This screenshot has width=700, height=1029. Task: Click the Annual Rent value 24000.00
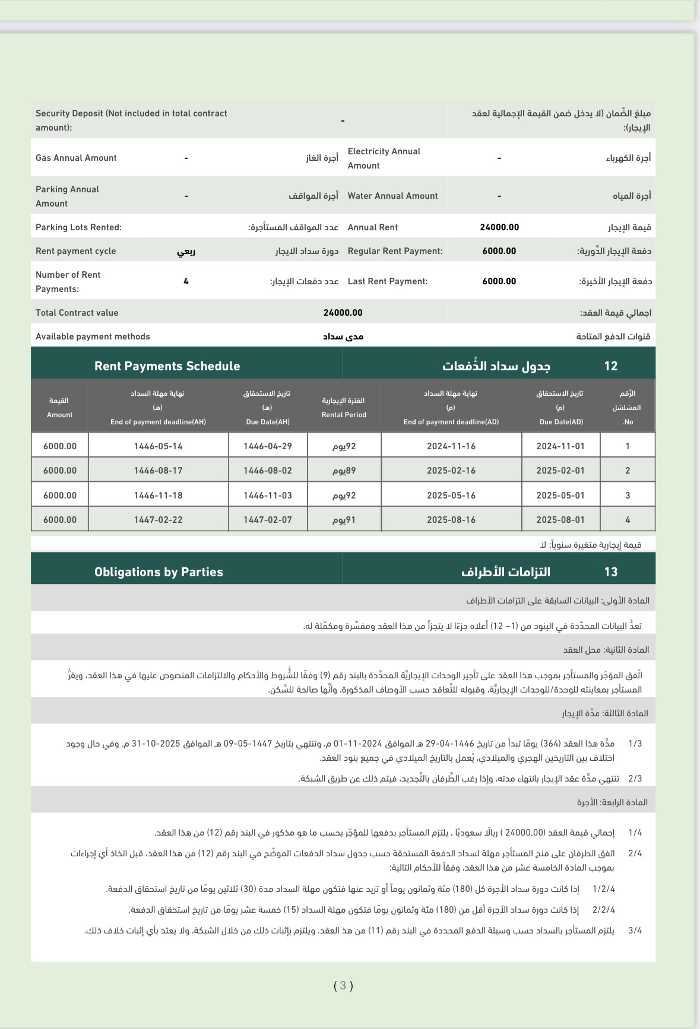click(x=499, y=227)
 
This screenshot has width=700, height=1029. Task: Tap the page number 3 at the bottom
click(x=343, y=986)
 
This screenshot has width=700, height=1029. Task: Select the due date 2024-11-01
click(x=560, y=446)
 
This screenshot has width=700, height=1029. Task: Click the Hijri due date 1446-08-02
click(x=267, y=471)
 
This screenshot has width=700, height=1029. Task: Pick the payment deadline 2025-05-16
click(x=451, y=496)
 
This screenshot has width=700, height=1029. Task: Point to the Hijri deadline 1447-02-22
click(x=158, y=520)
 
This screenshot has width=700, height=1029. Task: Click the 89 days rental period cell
click(x=344, y=471)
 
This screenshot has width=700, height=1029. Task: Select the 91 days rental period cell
click(x=344, y=520)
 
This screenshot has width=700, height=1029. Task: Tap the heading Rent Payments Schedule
click(x=167, y=366)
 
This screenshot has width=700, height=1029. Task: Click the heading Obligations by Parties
click(x=159, y=572)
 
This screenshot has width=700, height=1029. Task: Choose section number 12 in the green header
click(x=611, y=366)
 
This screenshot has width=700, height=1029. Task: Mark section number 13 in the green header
click(x=611, y=572)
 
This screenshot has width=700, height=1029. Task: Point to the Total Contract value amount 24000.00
click(x=343, y=313)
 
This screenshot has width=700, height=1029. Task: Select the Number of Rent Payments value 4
click(x=186, y=281)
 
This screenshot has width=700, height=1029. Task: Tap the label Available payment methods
click(x=93, y=336)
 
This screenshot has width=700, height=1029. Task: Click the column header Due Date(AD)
click(x=561, y=422)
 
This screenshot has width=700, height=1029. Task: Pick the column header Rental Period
click(x=344, y=415)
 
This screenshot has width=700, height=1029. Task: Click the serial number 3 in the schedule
click(x=628, y=496)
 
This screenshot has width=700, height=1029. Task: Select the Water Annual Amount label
click(x=392, y=196)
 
